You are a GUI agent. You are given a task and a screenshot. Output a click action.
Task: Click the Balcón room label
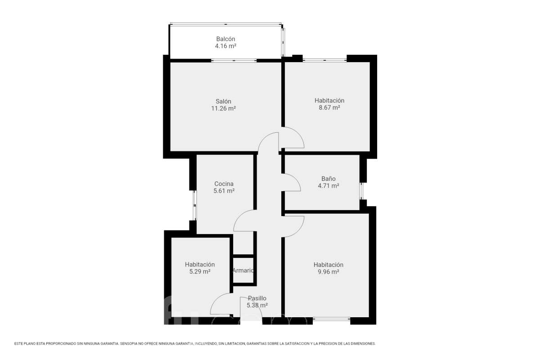(225, 39)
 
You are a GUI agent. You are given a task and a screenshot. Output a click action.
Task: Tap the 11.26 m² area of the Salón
(224, 108)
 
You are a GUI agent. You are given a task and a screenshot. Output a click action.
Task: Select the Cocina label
(224, 184)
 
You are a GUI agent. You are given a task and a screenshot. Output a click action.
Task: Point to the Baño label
(328, 179)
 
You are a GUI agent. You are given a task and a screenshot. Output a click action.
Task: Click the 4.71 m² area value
(328, 186)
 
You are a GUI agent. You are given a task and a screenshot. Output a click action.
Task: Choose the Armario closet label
(243, 270)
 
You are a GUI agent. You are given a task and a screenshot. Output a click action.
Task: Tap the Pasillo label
(257, 298)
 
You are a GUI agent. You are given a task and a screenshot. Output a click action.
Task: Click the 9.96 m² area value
(328, 272)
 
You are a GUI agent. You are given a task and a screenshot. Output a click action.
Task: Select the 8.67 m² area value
(329, 108)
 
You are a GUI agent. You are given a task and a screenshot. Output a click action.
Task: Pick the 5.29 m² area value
(200, 271)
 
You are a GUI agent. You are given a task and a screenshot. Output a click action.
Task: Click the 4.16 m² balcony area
(225, 46)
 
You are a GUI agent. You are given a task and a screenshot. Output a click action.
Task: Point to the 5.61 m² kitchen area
(224, 191)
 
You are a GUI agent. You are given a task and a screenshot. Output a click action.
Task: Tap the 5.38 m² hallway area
(257, 305)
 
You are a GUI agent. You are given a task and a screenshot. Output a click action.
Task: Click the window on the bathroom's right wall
(361, 191)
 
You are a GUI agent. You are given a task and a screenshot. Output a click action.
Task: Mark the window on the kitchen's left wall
(194, 206)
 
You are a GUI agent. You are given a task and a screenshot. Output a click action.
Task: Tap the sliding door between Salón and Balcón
(234, 60)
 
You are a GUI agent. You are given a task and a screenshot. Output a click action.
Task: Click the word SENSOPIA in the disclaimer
(129, 344)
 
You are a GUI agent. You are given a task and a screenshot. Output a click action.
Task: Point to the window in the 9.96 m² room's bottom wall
(332, 319)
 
